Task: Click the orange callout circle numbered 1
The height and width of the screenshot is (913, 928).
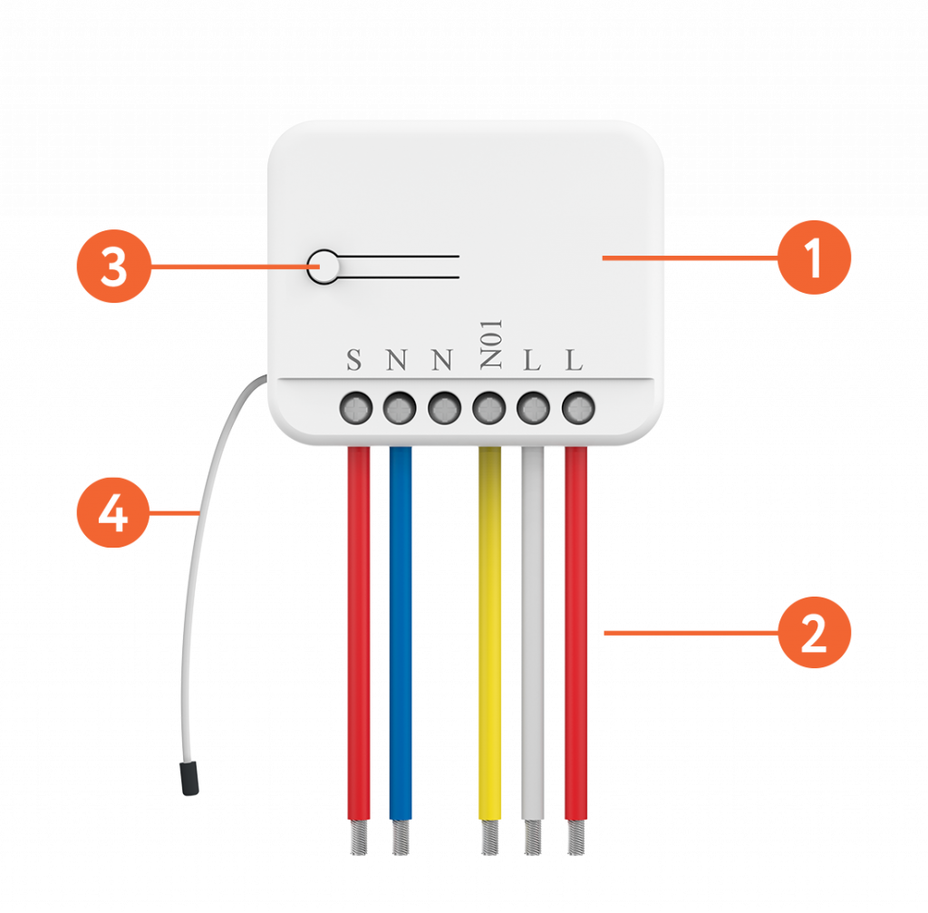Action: [x=814, y=258]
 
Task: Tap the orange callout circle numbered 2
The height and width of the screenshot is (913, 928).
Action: [x=814, y=633]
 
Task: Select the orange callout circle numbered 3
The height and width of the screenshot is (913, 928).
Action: [x=113, y=268]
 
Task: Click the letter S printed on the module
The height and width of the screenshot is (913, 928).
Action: [x=354, y=361]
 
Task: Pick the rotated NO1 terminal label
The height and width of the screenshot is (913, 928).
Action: [x=489, y=345]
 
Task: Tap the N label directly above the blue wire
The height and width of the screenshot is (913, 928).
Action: [x=397, y=361]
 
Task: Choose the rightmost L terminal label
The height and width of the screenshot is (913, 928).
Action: [x=575, y=361]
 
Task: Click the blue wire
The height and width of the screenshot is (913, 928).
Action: [x=401, y=635]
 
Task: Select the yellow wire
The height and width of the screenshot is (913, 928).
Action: [x=489, y=635]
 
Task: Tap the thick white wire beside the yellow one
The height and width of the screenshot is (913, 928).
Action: [x=533, y=635]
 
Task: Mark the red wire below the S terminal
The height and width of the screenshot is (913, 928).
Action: [x=358, y=635]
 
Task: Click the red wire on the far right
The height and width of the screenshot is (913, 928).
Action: [x=575, y=635]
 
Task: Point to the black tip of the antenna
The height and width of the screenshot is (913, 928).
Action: [x=189, y=778]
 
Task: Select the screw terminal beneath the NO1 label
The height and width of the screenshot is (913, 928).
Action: [x=489, y=409]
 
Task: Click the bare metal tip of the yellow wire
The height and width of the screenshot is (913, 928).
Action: [x=489, y=839]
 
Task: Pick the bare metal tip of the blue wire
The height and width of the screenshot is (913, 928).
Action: [x=401, y=839]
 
